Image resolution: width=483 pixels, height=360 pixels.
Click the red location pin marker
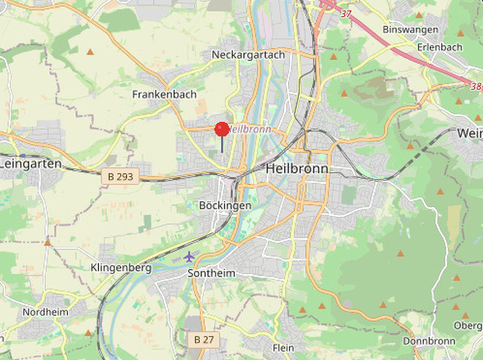(222, 129)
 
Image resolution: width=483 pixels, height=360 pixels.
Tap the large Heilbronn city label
(297, 169)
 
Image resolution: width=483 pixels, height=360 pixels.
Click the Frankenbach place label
(164, 95)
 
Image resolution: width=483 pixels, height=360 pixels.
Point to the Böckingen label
(225, 205)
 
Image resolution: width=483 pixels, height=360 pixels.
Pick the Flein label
(283, 348)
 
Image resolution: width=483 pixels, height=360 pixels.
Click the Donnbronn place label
(429, 341)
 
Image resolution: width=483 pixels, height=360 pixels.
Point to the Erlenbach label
(440, 47)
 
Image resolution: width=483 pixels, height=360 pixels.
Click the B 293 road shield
(121, 175)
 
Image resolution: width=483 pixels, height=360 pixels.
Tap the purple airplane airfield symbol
(189, 257)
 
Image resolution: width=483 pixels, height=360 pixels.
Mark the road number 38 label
(476, 84)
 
